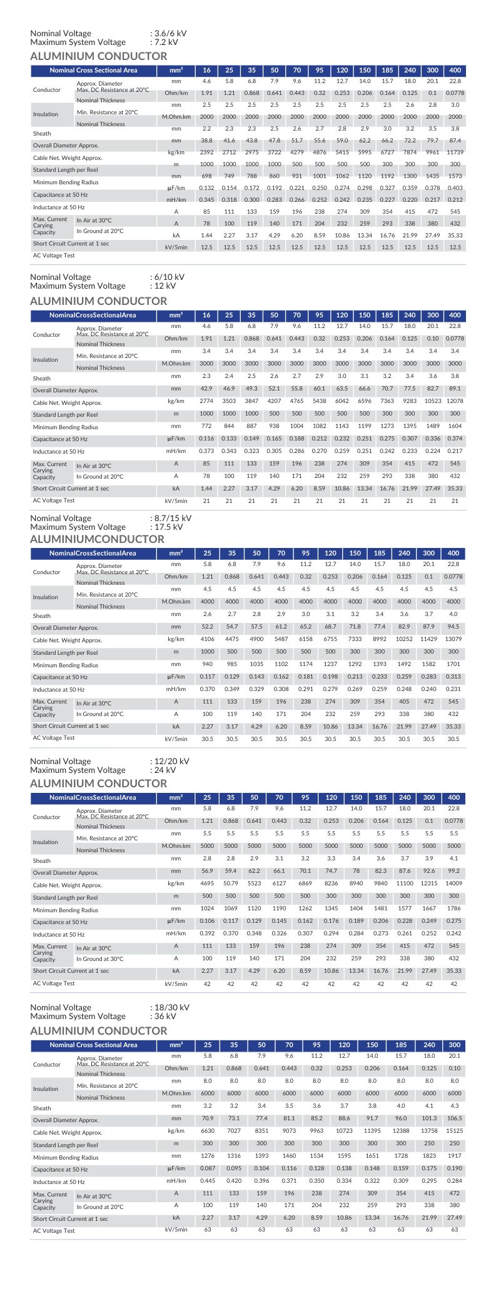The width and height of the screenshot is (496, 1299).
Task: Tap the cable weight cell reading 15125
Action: (x=455, y=1131)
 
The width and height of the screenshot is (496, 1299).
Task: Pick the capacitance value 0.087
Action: (x=208, y=1168)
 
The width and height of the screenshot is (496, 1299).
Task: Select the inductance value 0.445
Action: (x=208, y=1181)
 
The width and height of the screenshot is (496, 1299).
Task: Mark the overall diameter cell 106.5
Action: (x=455, y=1118)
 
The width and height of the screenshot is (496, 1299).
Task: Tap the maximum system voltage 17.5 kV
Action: (x=168, y=527)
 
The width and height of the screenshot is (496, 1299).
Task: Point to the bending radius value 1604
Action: (x=455, y=426)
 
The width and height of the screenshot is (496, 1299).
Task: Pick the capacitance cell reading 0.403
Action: (x=455, y=188)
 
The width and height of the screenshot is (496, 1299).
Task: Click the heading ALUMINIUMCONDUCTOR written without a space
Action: (x=97, y=539)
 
